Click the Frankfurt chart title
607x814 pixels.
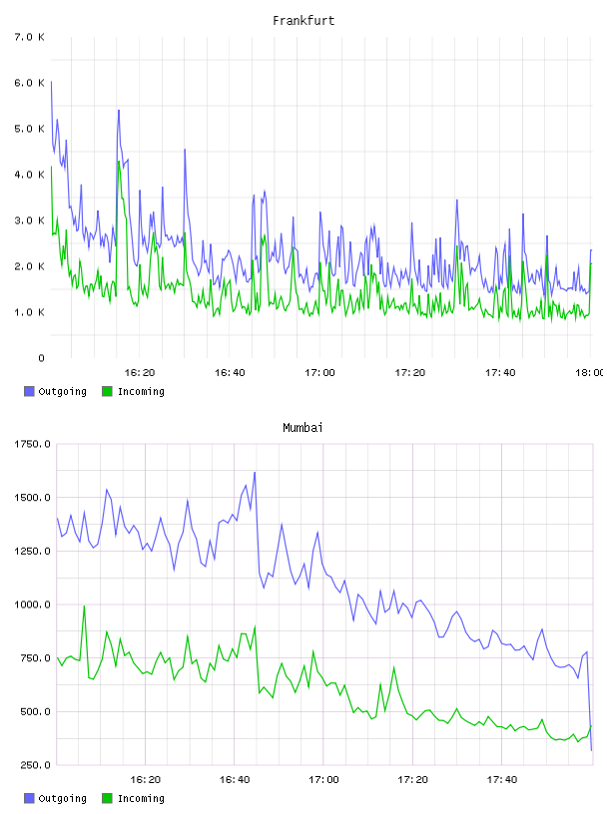pyautogui.click(x=303, y=21)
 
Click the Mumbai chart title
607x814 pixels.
pyautogui.click(x=303, y=428)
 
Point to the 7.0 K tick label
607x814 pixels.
pyautogui.click(x=29, y=37)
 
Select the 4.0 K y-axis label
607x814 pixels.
pyautogui.click(x=29, y=175)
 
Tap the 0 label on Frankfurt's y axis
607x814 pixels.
pyautogui.click(x=41, y=358)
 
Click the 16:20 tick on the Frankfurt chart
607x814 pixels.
pyautogui.click(x=140, y=373)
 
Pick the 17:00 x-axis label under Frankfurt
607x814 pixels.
pyautogui.click(x=319, y=373)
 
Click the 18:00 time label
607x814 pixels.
pyautogui.click(x=590, y=373)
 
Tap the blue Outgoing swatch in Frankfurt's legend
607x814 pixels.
pyautogui.click(x=29, y=391)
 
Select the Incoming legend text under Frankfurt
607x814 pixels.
pyautogui.click(x=141, y=391)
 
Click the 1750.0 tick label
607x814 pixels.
pyautogui.click(x=32, y=444)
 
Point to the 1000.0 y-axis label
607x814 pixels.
pyautogui.click(x=32, y=605)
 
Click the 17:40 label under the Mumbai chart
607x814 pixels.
pyautogui.click(x=502, y=780)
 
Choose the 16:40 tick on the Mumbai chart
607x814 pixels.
pyautogui.click(x=235, y=780)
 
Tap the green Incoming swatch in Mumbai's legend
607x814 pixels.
pyautogui.click(x=107, y=798)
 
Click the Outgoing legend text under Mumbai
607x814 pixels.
pyautogui.click(x=62, y=798)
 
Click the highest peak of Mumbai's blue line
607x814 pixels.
pyautogui.click(x=255, y=473)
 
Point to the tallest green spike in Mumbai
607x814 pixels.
pyautogui.click(x=84, y=606)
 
